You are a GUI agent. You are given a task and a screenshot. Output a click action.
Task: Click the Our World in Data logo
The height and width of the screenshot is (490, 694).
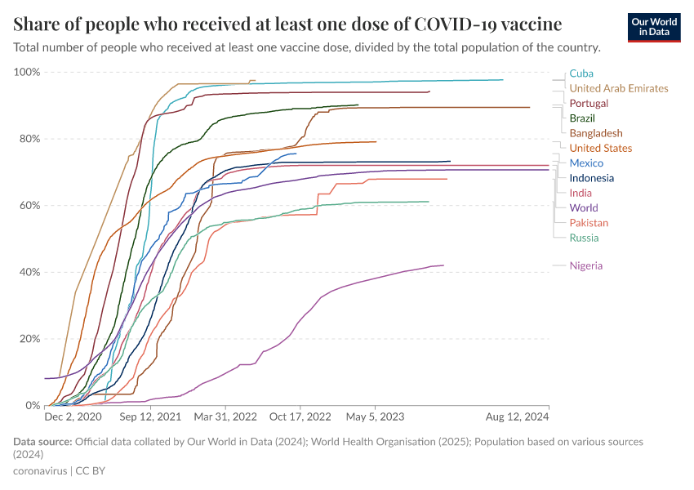(653, 27)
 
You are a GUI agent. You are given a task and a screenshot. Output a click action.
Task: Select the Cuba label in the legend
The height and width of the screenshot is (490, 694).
(581, 73)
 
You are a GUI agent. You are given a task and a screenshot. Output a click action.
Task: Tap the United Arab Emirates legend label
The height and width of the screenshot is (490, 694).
(618, 88)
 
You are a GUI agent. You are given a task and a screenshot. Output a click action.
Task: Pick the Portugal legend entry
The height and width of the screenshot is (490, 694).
(589, 104)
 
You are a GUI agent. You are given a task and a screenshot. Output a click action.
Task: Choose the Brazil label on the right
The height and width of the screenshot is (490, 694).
(583, 118)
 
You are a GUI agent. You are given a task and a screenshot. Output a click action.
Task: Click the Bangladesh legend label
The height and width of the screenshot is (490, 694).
(596, 133)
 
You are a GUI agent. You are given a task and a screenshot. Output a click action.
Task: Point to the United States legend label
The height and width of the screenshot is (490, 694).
(600, 148)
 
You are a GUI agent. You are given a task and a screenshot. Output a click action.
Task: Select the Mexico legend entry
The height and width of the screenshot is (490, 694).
(586, 163)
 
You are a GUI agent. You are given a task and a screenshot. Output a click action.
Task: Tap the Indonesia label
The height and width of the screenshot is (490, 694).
(592, 178)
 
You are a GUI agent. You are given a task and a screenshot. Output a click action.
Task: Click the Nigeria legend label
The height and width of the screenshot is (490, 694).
(587, 265)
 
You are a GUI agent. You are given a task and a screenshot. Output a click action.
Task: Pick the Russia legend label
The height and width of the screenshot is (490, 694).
(584, 238)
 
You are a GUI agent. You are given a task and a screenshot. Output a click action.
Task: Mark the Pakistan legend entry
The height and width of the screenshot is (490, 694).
(589, 223)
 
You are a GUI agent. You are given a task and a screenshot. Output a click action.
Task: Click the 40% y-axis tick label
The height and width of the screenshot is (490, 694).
(29, 272)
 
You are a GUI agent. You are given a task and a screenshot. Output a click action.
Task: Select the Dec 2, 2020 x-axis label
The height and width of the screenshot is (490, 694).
(73, 416)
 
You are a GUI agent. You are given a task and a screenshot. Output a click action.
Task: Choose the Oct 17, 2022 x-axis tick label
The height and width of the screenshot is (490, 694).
(300, 416)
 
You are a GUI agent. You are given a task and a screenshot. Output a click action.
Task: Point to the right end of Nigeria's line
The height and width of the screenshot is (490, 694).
(443, 265)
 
